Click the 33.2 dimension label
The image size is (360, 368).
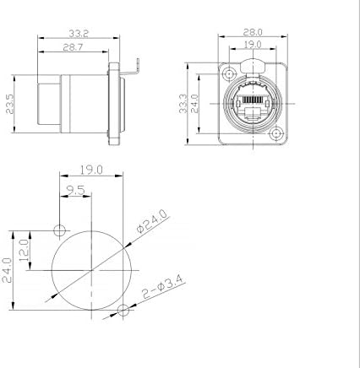(x=79, y=34)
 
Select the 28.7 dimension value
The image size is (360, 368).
(x=73, y=47)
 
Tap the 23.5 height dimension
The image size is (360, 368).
(x=10, y=104)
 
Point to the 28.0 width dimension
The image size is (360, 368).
(x=253, y=32)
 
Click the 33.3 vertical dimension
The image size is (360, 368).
(x=183, y=104)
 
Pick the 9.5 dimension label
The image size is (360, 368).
(x=76, y=191)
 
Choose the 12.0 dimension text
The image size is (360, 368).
(x=24, y=250)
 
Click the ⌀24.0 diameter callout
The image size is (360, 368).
(x=152, y=221)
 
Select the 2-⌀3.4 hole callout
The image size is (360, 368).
(x=163, y=287)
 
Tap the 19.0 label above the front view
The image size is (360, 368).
(x=253, y=45)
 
